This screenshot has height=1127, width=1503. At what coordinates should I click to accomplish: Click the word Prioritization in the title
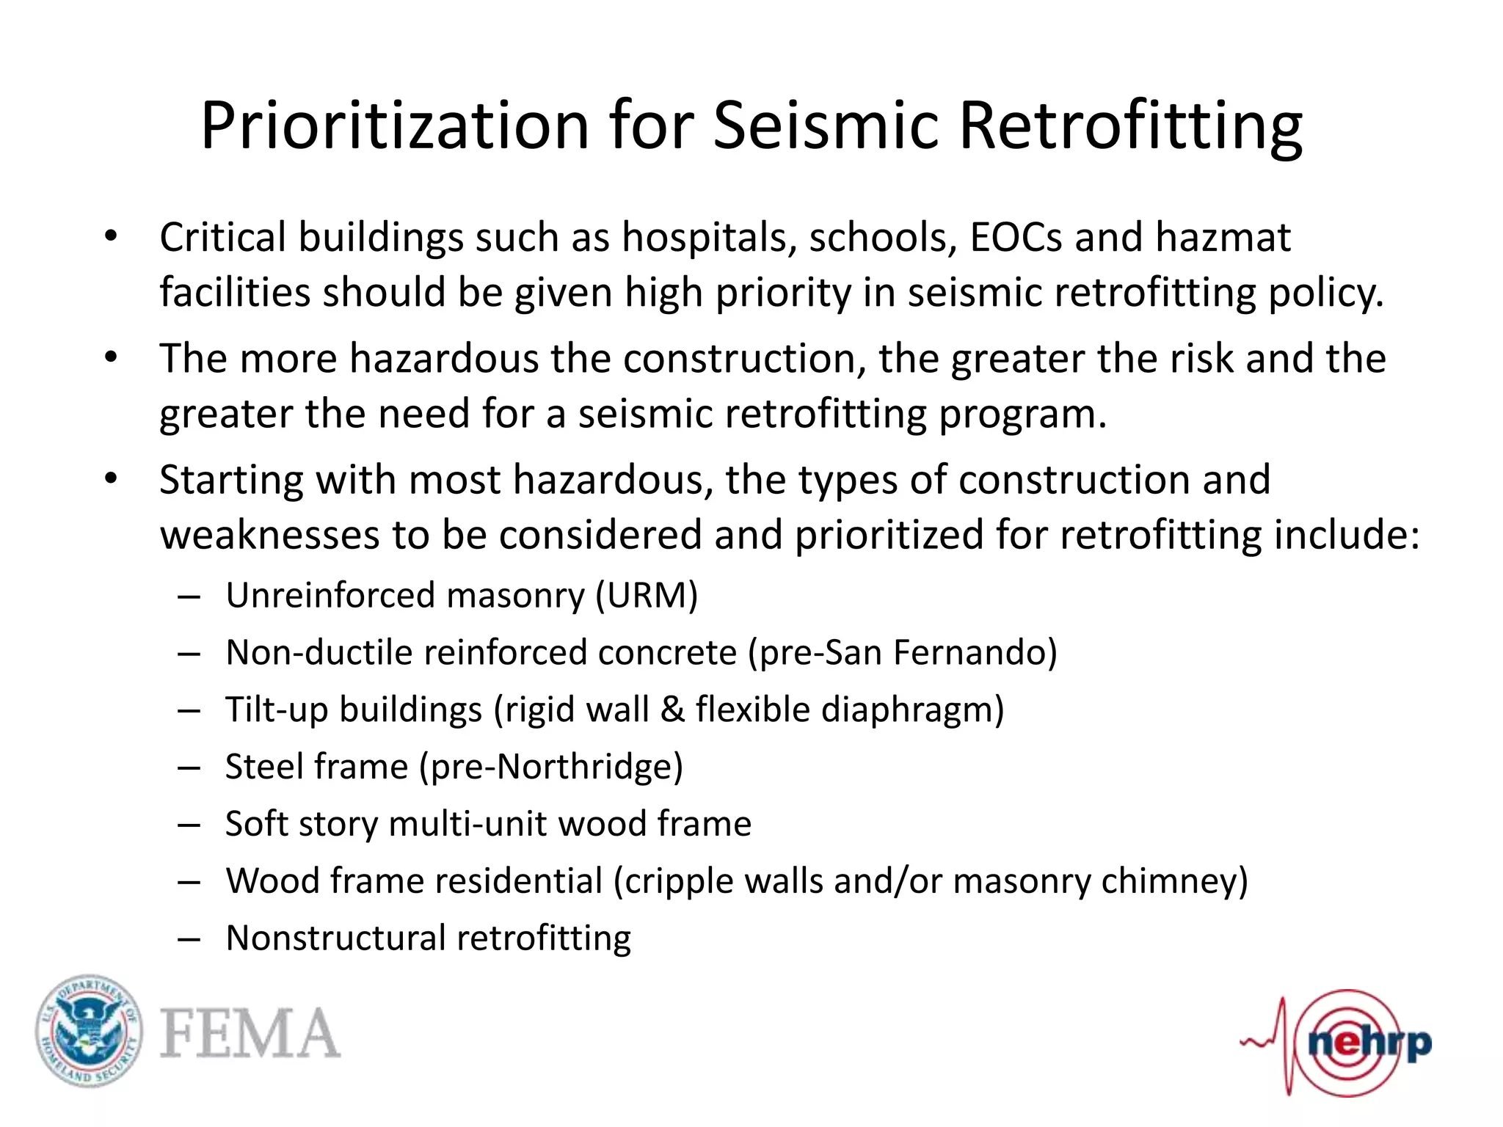tap(395, 126)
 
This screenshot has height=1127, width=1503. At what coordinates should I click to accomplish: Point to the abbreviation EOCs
tap(1016, 238)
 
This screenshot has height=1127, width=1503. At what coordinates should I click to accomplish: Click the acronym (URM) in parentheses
tap(647, 595)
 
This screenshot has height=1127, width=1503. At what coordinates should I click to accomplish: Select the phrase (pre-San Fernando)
tap(902, 652)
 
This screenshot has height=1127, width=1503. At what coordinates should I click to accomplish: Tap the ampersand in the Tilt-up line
tap(672, 710)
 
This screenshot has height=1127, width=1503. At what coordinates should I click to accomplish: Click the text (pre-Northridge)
tap(550, 767)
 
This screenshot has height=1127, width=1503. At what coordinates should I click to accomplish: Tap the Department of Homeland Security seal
tap(90, 1032)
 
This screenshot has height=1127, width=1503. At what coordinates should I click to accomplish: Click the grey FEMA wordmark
tap(250, 1033)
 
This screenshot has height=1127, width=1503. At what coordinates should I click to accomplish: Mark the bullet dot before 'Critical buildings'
tap(111, 237)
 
